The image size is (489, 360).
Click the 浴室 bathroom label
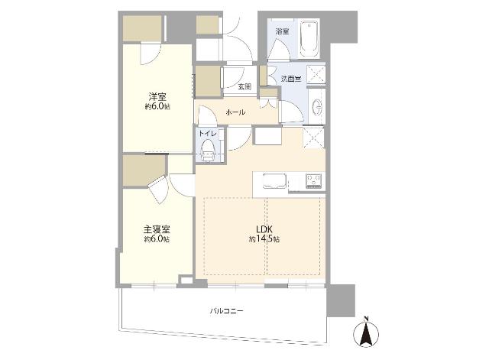pyautogui.click(x=282, y=31)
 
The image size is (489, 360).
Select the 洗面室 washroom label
pyautogui.click(x=291, y=79)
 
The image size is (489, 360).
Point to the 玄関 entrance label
pyautogui.click(x=244, y=86)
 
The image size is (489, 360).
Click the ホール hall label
pyautogui.click(x=235, y=112)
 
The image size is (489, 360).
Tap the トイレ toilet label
pyautogui.click(x=208, y=133)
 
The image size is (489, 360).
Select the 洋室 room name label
pyautogui.click(x=157, y=97)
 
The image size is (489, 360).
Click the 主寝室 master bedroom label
pyautogui.click(x=157, y=229)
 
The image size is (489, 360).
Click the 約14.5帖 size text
pyautogui.click(x=264, y=239)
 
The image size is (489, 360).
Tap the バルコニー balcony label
pyautogui.click(x=227, y=311)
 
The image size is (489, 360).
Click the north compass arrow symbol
pyautogui.click(x=365, y=334)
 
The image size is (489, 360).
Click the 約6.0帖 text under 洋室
pyautogui.click(x=157, y=108)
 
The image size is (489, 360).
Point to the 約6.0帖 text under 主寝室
pyautogui.click(x=157, y=239)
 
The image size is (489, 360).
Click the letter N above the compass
pyautogui.click(x=365, y=318)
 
